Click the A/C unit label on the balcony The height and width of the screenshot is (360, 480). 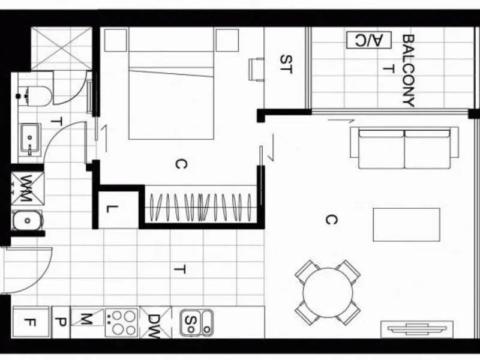click(x=369, y=40)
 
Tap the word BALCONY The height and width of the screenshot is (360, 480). click(x=409, y=71)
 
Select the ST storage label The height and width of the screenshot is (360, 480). click(x=286, y=64)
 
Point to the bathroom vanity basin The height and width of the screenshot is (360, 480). click(x=30, y=139)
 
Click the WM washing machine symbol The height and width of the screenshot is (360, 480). click(x=28, y=188)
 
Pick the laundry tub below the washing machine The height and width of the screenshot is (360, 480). click(x=27, y=220)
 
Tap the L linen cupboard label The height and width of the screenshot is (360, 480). click(x=112, y=209)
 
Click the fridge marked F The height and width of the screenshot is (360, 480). click(x=31, y=322)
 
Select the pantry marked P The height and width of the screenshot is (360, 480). click(x=61, y=322)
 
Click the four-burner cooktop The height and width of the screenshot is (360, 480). click(x=122, y=322)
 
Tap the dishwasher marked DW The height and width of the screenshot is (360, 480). click(x=155, y=323)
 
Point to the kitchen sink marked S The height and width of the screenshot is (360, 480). click(x=196, y=323)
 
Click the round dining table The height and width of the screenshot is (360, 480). click(x=328, y=293)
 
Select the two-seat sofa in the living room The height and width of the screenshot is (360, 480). click(x=404, y=148)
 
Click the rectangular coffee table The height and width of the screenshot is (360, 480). click(x=407, y=224)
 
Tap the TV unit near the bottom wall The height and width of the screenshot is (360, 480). click(x=417, y=329)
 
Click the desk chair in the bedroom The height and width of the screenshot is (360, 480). click(x=256, y=70)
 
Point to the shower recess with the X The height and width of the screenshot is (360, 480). click(x=62, y=49)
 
